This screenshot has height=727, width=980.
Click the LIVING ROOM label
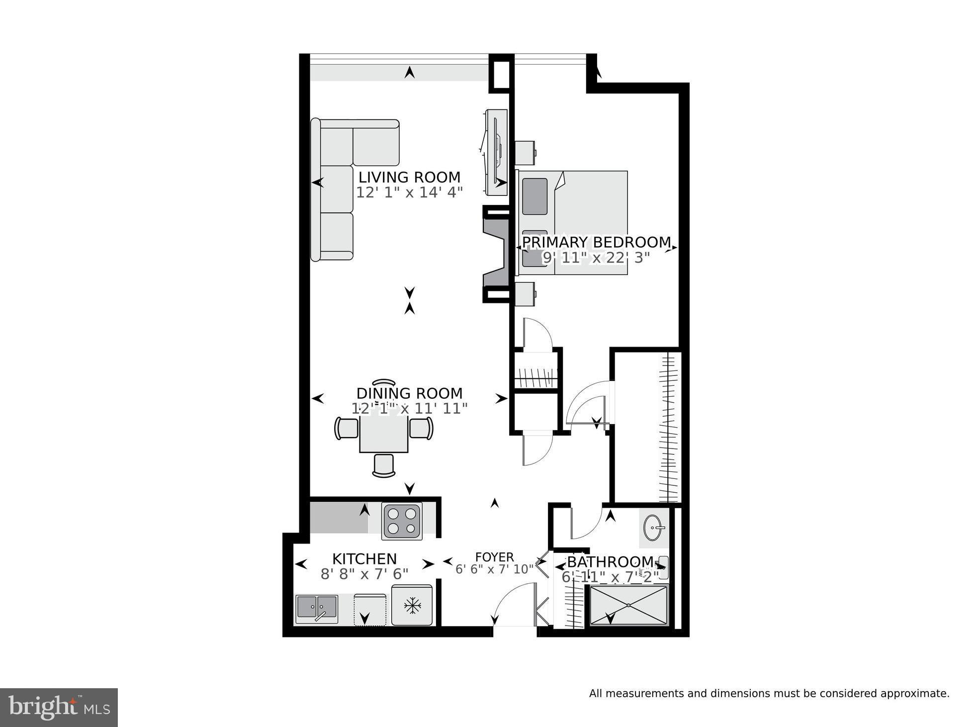[x=409, y=177]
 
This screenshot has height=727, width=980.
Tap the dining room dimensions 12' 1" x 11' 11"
[x=409, y=409]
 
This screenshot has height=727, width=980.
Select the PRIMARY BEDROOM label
[x=596, y=242]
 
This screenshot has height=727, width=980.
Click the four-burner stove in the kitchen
[x=402, y=521]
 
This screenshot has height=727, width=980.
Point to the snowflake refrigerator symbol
[x=412, y=605]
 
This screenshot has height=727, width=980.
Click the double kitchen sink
[x=317, y=609]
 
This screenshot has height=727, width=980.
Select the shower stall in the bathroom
[x=628, y=605]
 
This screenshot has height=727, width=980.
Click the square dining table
[x=383, y=434]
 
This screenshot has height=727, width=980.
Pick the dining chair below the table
[x=383, y=465]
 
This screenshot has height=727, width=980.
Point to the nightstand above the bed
[x=525, y=153]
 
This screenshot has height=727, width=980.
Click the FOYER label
[x=494, y=557]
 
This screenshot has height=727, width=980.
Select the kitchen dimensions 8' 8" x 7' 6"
[x=364, y=574]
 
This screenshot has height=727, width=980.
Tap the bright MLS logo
[x=59, y=707]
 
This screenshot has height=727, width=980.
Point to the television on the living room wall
[x=496, y=152]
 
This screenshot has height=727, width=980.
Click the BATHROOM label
[x=610, y=562]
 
